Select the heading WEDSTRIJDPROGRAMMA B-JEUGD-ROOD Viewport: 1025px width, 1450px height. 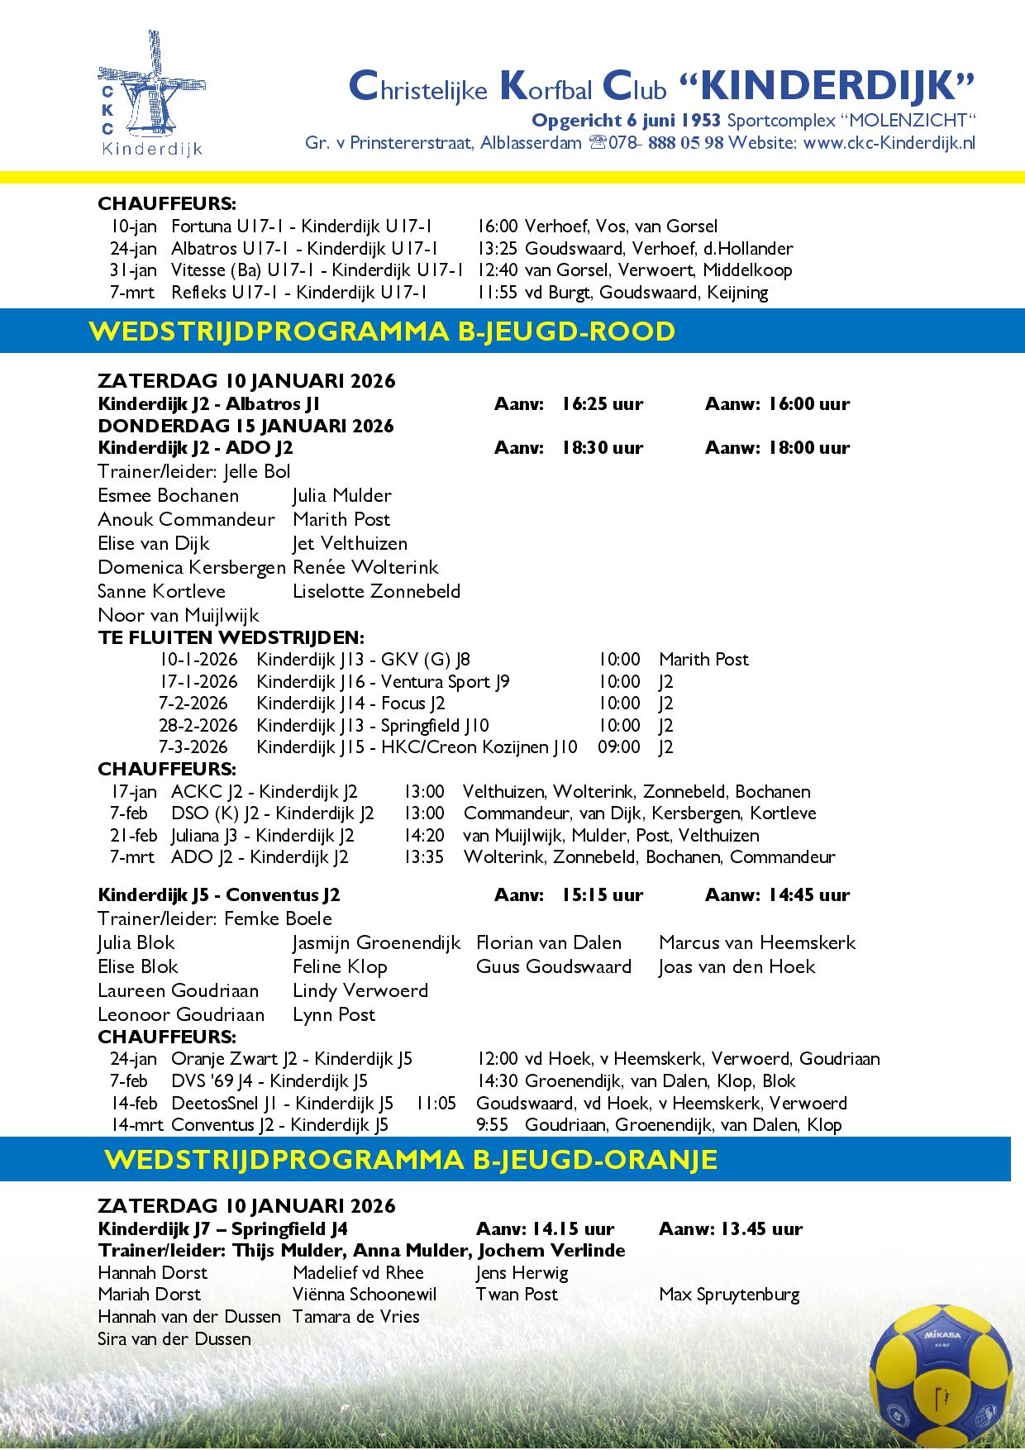[382, 331]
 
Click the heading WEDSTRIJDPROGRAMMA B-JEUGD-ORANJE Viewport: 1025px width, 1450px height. [411, 1159]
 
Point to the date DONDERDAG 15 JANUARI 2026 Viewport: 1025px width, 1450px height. [246, 426]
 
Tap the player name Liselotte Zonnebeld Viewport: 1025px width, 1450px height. [376, 591]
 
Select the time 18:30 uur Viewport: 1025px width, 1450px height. [602, 448]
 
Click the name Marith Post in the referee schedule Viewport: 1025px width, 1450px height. [703, 660]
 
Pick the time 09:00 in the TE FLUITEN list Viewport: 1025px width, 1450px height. [618, 747]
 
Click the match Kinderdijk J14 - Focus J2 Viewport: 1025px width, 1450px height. [350, 704]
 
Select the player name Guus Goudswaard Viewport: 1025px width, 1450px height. [553, 966]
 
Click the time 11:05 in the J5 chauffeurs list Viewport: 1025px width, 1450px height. [436, 1103]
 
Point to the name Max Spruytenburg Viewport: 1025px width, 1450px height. [729, 1295]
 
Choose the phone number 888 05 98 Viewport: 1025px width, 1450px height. [685, 142]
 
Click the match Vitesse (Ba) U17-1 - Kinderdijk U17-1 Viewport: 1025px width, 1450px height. [317, 270]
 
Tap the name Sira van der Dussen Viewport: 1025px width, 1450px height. [174, 1339]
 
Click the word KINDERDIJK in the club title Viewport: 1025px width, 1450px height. [827, 85]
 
